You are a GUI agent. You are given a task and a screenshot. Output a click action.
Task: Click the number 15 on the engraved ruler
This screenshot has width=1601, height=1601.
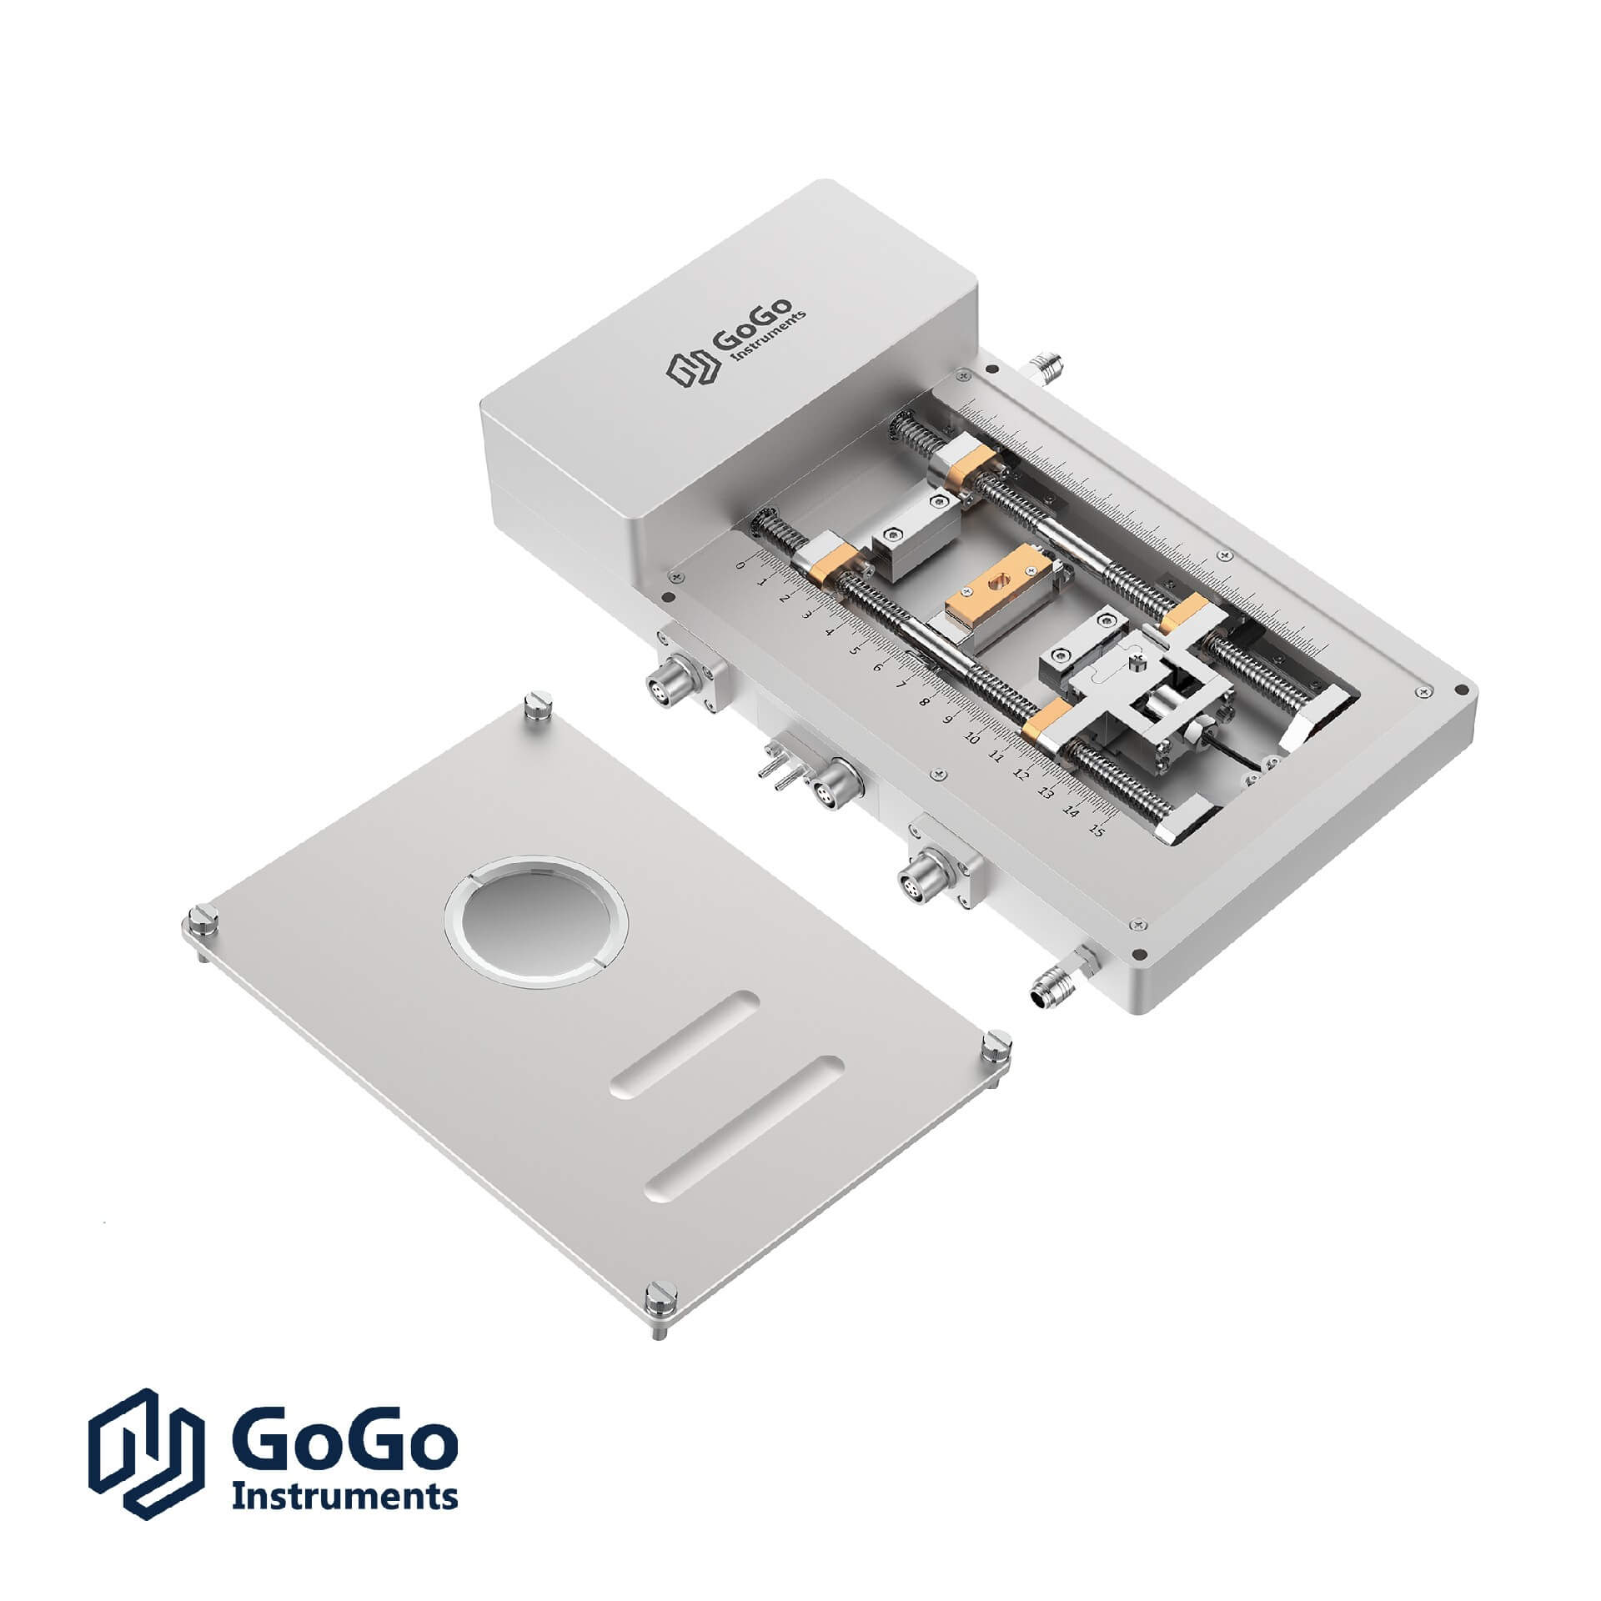(1098, 831)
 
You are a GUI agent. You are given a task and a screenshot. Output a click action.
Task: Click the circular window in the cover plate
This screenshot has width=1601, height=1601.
(535, 921)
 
